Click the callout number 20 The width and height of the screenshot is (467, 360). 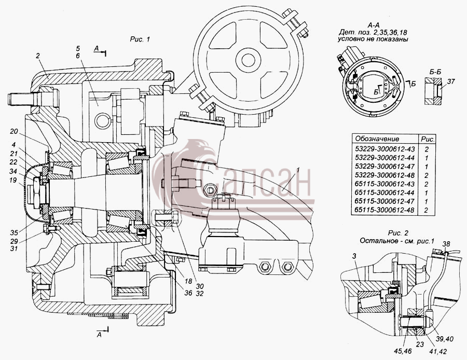coord(13,131)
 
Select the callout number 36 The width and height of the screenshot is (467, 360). coord(188,293)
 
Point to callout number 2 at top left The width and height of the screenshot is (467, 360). coord(38,56)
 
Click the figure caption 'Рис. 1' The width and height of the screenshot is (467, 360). coord(140,39)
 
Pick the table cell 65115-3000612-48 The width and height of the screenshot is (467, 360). coord(384,210)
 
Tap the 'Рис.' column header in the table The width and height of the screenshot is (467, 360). coord(428,139)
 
